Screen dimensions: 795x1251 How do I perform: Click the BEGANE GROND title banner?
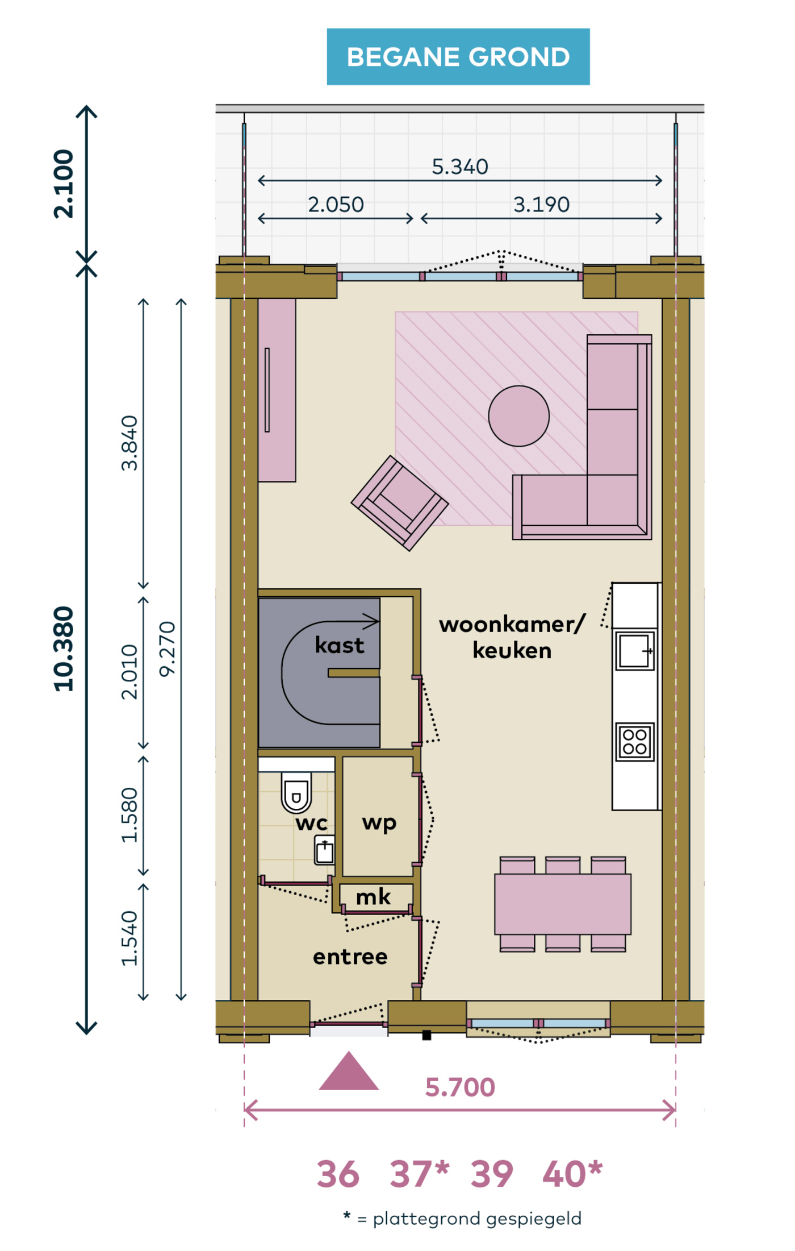(458, 57)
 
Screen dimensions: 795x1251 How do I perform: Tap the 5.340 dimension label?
(460, 167)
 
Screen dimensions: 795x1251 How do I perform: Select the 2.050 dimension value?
(336, 205)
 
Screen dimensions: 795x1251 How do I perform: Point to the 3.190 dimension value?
(541, 205)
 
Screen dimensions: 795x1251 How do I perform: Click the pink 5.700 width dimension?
(460, 1087)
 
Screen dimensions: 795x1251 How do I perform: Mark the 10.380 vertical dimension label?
(64, 649)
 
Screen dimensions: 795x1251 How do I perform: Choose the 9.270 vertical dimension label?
(168, 649)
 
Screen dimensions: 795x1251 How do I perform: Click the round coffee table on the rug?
(518, 415)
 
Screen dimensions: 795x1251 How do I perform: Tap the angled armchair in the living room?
(400, 503)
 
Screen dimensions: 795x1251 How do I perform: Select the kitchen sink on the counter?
(635, 650)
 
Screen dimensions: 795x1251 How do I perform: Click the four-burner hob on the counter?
(635, 742)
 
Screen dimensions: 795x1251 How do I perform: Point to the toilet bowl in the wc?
(296, 792)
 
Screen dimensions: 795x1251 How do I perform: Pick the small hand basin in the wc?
(324, 850)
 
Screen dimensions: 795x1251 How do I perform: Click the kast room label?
(340, 646)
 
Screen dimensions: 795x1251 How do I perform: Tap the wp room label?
(379, 823)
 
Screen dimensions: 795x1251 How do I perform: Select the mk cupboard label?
(373, 897)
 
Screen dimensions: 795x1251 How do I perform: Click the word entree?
(350, 957)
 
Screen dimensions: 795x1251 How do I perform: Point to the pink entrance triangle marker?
(349, 1071)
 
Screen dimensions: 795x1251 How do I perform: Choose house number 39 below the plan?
(492, 1174)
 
